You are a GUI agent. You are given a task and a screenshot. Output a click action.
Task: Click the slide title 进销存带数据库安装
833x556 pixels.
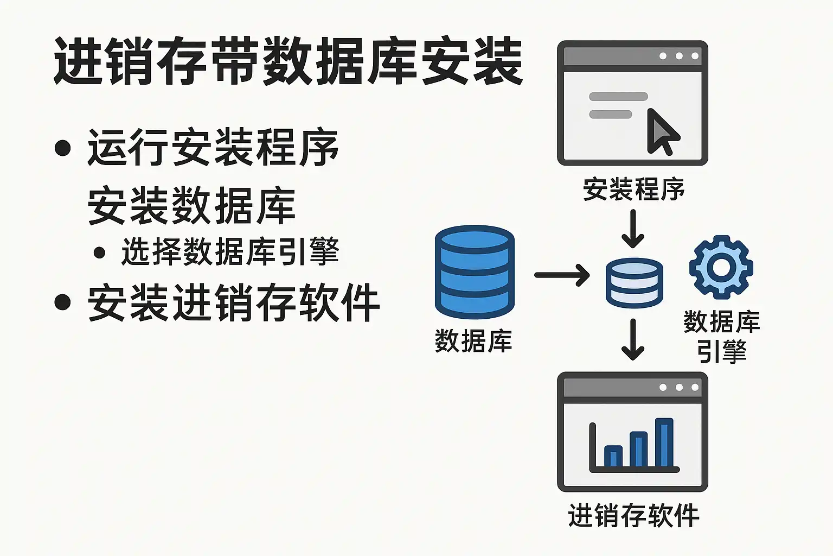coord(288,61)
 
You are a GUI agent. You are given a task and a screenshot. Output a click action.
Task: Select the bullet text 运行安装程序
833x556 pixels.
coord(213,148)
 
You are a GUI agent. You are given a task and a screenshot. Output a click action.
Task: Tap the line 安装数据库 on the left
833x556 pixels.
coord(191,206)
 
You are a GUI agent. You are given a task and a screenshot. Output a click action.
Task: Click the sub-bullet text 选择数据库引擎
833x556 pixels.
coord(230,252)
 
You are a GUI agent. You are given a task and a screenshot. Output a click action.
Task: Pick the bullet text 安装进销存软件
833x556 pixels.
coord(234,302)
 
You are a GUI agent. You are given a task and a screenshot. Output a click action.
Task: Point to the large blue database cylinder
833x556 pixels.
coord(475,272)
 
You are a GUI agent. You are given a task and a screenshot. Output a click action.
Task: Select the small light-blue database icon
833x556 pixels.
coord(635,283)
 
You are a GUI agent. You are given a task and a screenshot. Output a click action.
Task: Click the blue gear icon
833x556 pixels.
coord(721,267)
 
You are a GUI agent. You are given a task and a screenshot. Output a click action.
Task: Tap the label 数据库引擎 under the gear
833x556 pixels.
coord(722,337)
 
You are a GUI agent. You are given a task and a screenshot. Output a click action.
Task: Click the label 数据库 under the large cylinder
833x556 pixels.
coord(473,341)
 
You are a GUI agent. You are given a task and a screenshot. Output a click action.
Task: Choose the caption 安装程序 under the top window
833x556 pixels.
coord(633,189)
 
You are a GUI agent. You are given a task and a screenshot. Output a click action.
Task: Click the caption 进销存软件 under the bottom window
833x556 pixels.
coord(633,516)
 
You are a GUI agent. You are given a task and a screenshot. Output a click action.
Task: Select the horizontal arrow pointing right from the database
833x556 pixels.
coord(562,275)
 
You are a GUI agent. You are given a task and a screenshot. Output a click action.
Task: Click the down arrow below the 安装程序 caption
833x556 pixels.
coord(633,229)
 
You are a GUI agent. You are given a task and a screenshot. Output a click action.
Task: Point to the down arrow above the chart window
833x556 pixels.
coord(633,339)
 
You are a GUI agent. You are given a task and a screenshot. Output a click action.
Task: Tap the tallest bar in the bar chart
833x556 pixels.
coord(664,443)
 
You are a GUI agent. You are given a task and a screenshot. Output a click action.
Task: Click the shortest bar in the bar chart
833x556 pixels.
coord(613,456)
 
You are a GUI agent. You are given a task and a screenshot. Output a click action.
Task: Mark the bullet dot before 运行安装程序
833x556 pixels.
coord(62,148)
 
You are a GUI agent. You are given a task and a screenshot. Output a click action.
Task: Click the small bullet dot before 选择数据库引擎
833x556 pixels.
coord(99,253)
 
